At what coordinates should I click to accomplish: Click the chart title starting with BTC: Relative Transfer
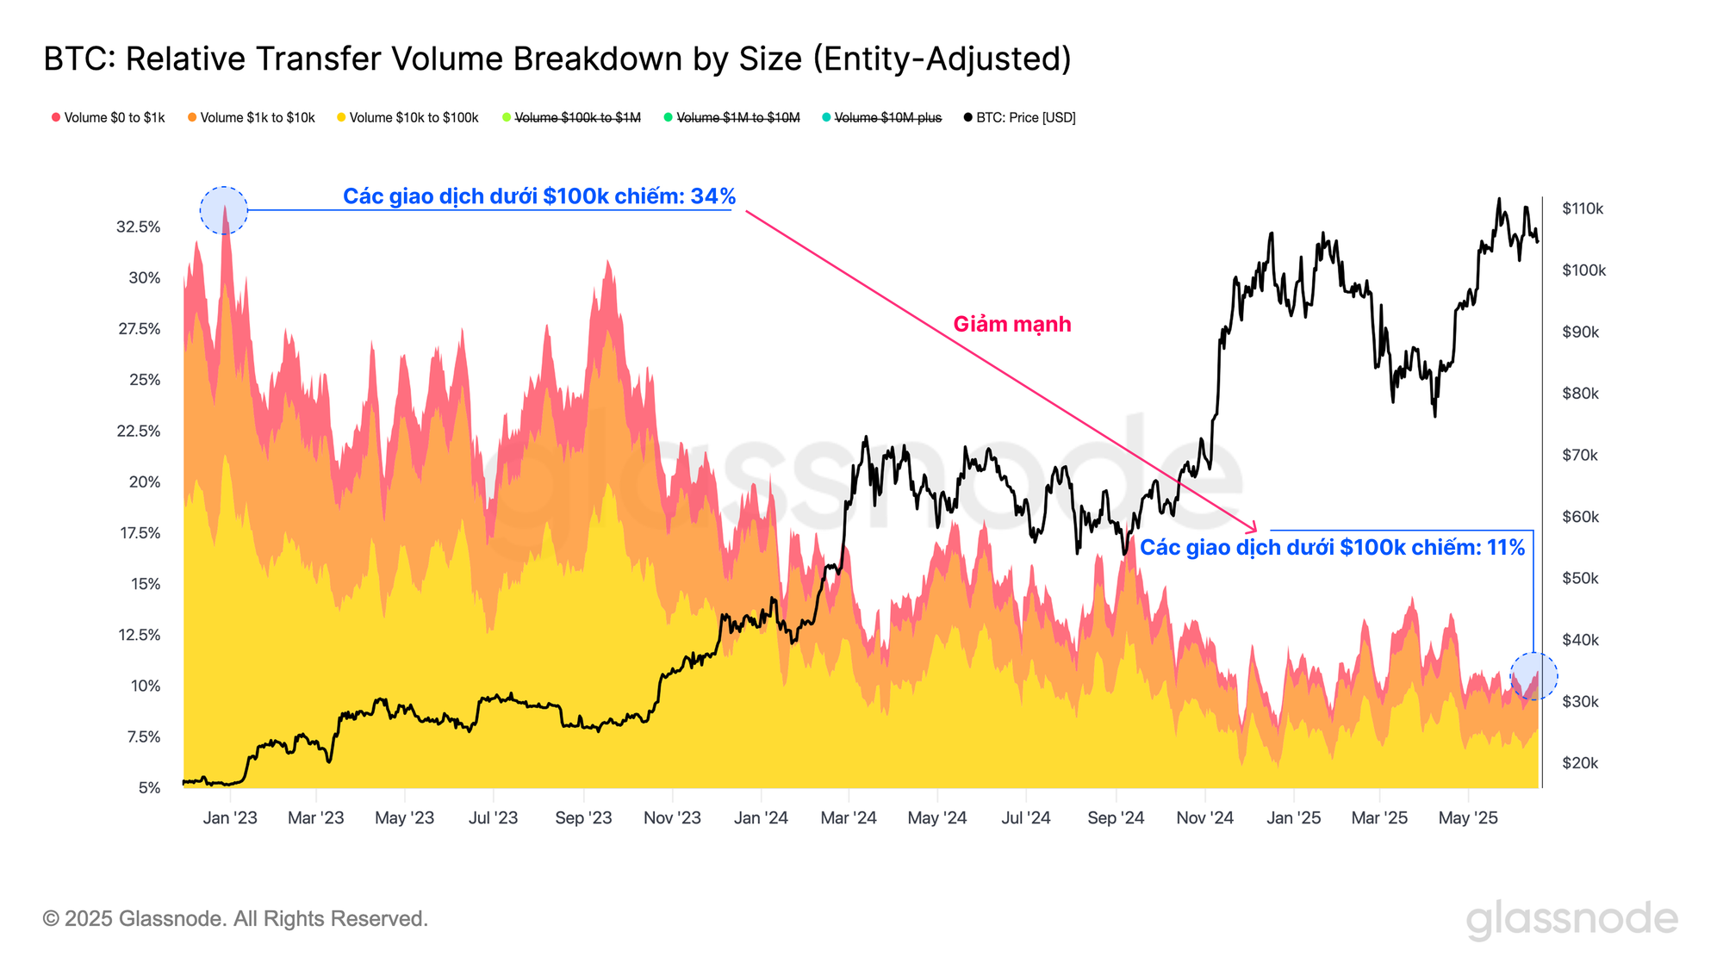pyautogui.click(x=557, y=59)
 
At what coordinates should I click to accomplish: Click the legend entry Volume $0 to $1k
pyautogui.click(x=109, y=118)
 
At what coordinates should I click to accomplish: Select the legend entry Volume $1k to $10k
pyautogui.click(x=252, y=118)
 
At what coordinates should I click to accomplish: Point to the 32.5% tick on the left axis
pyautogui.click(x=139, y=227)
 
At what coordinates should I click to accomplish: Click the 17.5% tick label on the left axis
pyautogui.click(x=139, y=533)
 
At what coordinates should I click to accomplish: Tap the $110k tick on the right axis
pyautogui.click(x=1583, y=208)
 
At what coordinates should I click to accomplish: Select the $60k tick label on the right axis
pyautogui.click(x=1580, y=517)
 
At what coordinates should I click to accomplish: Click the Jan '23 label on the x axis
pyautogui.click(x=230, y=818)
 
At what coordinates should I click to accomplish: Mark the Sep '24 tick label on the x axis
pyautogui.click(x=1116, y=818)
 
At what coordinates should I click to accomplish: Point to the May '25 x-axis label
pyautogui.click(x=1468, y=818)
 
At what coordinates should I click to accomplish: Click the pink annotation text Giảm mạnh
pyautogui.click(x=1012, y=325)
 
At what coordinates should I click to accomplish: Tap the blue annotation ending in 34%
pyautogui.click(x=539, y=196)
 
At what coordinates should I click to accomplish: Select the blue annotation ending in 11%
pyautogui.click(x=1332, y=548)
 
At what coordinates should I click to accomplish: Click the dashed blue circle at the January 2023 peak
pyautogui.click(x=224, y=210)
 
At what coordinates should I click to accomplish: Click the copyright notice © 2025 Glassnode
pyautogui.click(x=235, y=919)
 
